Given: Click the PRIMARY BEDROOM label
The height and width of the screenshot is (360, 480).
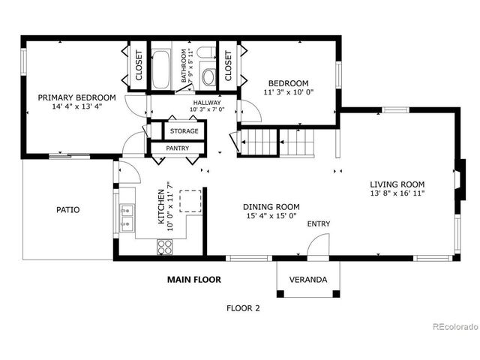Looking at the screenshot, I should pyautogui.click(x=77, y=97).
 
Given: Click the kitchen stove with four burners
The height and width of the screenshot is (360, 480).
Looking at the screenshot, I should pyautogui.click(x=166, y=246).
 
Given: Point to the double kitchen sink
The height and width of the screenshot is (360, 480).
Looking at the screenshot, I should pyautogui.click(x=127, y=217).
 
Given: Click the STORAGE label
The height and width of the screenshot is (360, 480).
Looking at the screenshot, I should pyautogui.click(x=184, y=131).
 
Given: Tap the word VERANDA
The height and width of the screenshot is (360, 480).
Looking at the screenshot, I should pyautogui.click(x=308, y=280).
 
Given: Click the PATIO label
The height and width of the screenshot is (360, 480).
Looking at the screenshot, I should pyautogui.click(x=67, y=210).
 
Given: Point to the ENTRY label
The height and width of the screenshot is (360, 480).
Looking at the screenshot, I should pyautogui.click(x=318, y=223).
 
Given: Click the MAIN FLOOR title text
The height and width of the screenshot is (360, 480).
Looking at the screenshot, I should pyautogui.click(x=193, y=280).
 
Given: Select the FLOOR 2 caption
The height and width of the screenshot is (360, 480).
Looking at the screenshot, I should pyautogui.click(x=243, y=307).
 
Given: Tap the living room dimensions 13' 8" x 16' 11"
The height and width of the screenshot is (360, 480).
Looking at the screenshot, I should pyautogui.click(x=397, y=193).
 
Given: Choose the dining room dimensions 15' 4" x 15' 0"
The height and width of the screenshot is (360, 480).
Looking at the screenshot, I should pyautogui.click(x=271, y=216).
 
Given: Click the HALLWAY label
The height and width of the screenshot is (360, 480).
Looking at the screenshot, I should pyautogui.click(x=206, y=103).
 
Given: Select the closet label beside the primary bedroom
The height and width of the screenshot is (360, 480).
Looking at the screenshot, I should pyautogui.click(x=139, y=67).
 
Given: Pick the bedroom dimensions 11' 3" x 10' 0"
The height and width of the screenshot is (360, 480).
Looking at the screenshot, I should pyautogui.click(x=289, y=92).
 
